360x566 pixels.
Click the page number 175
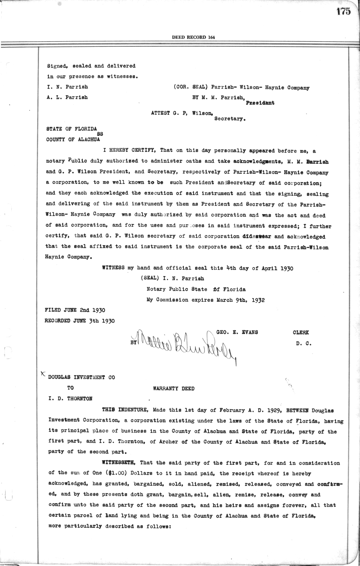(343, 11)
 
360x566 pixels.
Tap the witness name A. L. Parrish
(67, 97)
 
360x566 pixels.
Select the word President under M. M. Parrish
(260, 103)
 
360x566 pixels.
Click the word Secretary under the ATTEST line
(230, 119)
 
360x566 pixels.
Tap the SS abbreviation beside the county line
(100, 134)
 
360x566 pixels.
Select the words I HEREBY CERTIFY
(129, 150)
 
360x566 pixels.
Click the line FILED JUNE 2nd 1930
(75, 310)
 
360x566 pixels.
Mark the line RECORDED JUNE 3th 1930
(79, 321)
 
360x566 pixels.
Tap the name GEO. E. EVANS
(237, 332)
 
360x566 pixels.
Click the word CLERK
(301, 332)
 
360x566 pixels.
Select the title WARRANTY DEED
(174, 388)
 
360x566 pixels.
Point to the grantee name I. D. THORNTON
(70, 399)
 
